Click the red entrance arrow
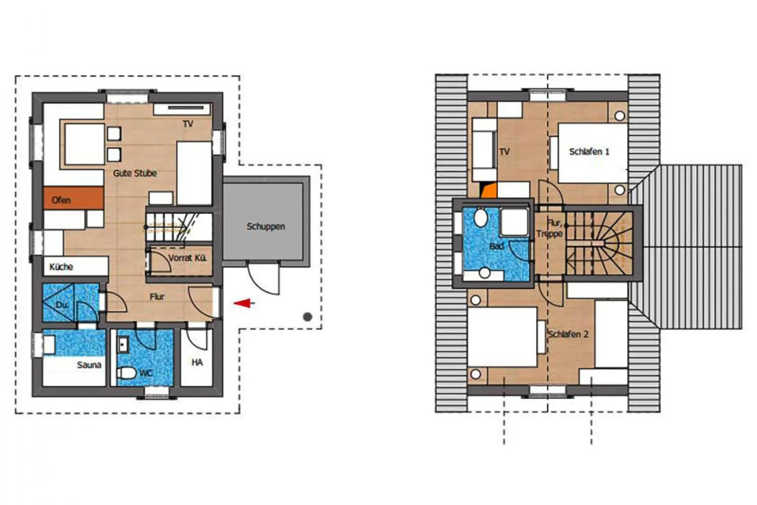point(244,303)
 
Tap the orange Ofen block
point(73,198)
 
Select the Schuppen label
point(265,226)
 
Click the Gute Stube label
point(135,173)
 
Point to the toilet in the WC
point(126,373)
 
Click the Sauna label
point(89,365)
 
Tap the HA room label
point(197,362)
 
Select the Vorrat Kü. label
point(187,258)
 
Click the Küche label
point(61,267)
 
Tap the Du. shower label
point(62,305)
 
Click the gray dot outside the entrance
point(307,317)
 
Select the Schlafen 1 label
point(589,151)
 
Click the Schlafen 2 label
point(568,334)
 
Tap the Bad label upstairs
point(496,246)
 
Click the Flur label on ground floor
point(157,296)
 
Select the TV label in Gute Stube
point(188,124)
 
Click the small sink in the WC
point(123,345)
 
